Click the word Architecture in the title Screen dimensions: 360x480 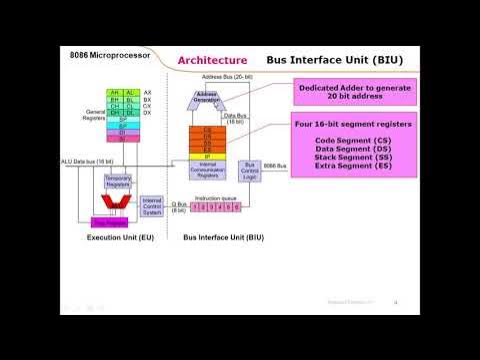point(212,61)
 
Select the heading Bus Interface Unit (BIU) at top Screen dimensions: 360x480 point(341,60)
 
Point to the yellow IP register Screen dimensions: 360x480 point(208,157)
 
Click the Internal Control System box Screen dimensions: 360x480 point(153,207)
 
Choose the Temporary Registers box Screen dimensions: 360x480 point(118,181)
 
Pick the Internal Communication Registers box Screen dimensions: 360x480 point(208,169)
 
